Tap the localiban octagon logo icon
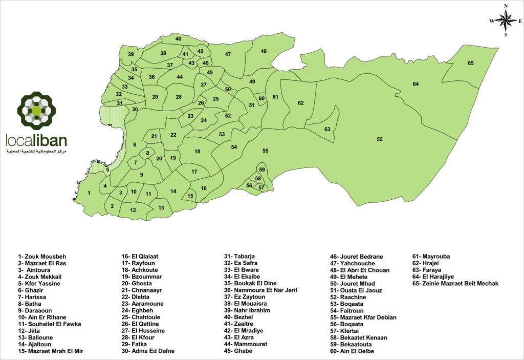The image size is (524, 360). click(36, 110)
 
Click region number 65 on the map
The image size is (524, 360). click(470, 63)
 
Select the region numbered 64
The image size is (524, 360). click(416, 83)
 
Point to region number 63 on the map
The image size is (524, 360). click(327, 129)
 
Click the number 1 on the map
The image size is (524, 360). click(89, 193)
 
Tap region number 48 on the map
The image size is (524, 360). click(264, 51)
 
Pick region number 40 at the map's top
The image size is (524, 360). click(179, 39)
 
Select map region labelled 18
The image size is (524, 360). click(197, 152)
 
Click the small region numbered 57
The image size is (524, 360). click(261, 187)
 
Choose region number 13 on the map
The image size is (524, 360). click(161, 207)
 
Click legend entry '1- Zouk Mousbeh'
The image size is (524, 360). click(42, 257)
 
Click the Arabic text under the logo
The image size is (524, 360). click(36, 153)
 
